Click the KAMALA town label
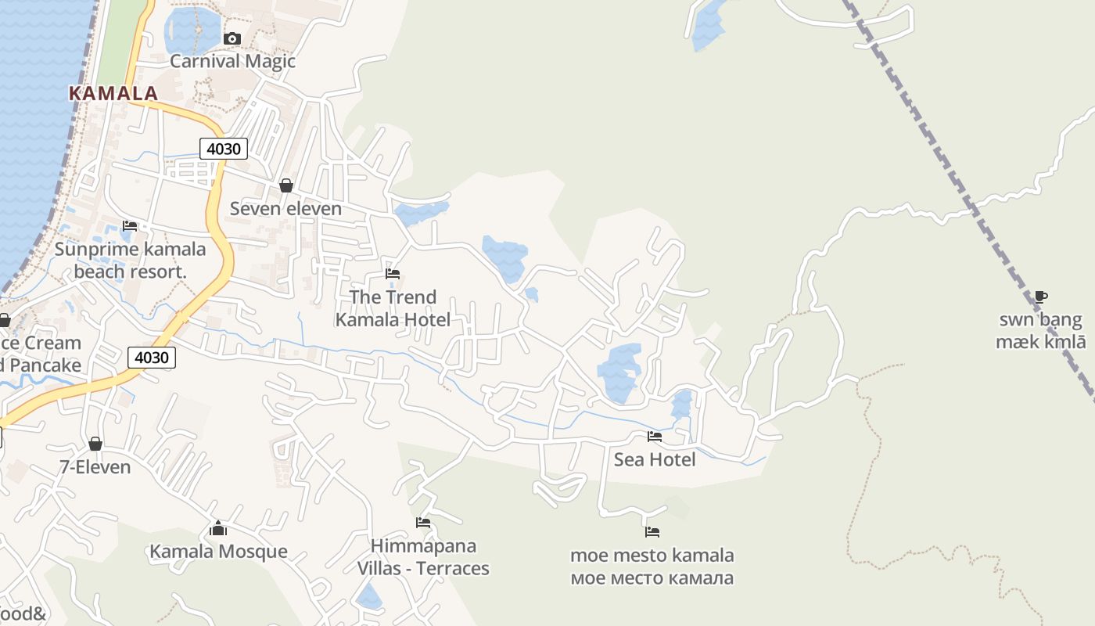tap(113, 93)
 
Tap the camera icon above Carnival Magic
tap(232, 38)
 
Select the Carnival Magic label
tap(232, 61)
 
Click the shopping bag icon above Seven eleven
tap(286, 185)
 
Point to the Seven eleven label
tap(285, 208)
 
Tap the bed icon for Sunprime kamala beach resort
tap(130, 226)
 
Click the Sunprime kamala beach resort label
tap(130, 261)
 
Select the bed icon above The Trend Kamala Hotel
tap(393, 274)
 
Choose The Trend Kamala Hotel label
tap(393, 308)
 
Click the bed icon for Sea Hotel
tap(655, 437)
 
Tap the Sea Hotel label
tap(655, 459)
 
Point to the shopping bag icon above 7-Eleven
tap(95, 444)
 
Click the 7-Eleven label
tap(95, 466)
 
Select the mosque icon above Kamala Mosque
tap(218, 528)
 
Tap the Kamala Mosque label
tap(218, 552)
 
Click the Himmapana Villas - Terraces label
tap(423, 557)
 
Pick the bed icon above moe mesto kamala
tap(652, 532)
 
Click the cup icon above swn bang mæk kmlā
tap(1040, 297)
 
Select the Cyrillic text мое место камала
tap(652, 578)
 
